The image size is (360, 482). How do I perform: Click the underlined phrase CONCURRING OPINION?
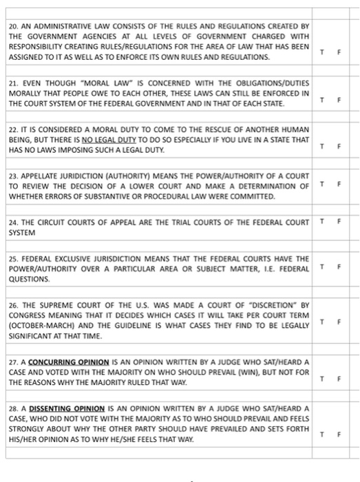pyautogui.click(x=61, y=361)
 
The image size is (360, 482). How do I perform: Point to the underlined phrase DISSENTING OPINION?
pyautogui.click(x=62, y=408)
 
